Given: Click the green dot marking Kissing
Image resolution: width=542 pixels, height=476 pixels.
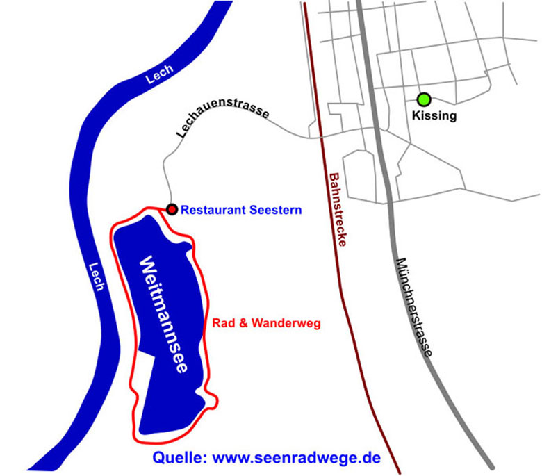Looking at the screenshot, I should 423,99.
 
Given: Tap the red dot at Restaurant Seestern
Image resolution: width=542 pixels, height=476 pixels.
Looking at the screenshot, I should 172,208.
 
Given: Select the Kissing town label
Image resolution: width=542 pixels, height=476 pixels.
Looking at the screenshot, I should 434,115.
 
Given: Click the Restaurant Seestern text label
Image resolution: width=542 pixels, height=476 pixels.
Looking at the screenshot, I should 241,209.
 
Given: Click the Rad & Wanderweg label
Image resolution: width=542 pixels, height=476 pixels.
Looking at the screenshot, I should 265,323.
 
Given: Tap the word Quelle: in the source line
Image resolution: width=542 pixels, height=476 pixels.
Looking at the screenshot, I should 179,458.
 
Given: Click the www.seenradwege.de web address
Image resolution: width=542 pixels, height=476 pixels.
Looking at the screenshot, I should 297,458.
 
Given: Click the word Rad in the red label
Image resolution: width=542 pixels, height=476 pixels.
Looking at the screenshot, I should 220,323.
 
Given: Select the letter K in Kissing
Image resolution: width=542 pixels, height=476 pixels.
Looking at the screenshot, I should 416,115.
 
